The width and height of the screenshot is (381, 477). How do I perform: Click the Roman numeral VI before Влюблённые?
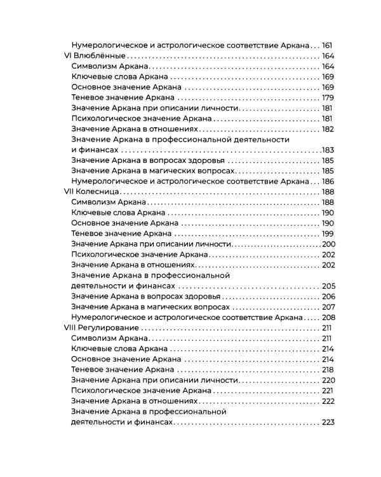point(70,56)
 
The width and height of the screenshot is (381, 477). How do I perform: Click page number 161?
point(328,46)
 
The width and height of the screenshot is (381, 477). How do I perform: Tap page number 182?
point(328,129)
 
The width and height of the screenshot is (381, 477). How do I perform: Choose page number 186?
point(328,181)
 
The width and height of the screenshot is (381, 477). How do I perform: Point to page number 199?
point(328,233)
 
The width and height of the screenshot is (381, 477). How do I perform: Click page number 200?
point(328,244)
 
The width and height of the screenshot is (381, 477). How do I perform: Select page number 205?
point(328,286)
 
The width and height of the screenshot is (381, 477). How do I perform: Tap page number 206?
point(328,296)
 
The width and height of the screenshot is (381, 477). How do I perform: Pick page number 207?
point(328,307)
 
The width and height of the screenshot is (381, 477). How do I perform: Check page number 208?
point(328,317)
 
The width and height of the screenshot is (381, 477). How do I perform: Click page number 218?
point(328,370)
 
